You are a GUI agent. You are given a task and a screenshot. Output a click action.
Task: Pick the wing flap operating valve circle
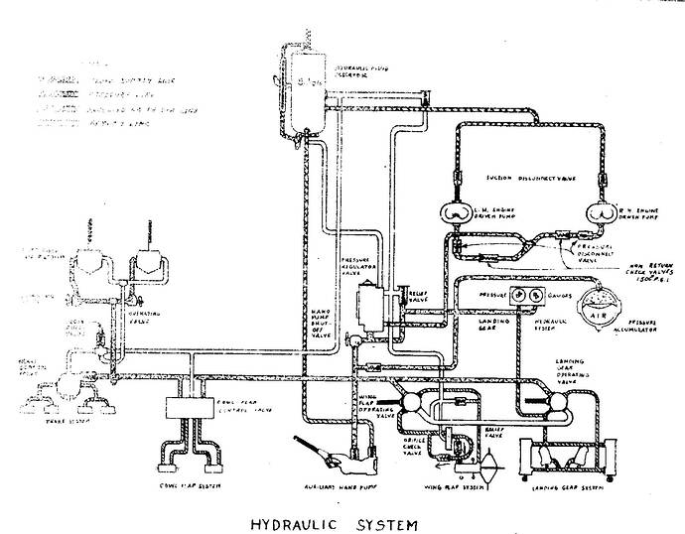(405, 400)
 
